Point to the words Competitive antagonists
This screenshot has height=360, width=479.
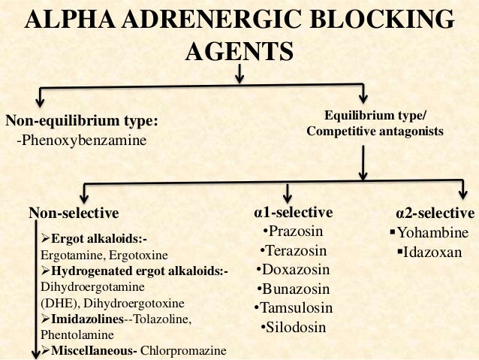click(x=375, y=132)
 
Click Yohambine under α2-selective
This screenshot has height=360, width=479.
click(x=432, y=231)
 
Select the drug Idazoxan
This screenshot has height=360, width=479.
click(x=432, y=250)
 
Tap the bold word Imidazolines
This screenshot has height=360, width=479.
click(x=85, y=320)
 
